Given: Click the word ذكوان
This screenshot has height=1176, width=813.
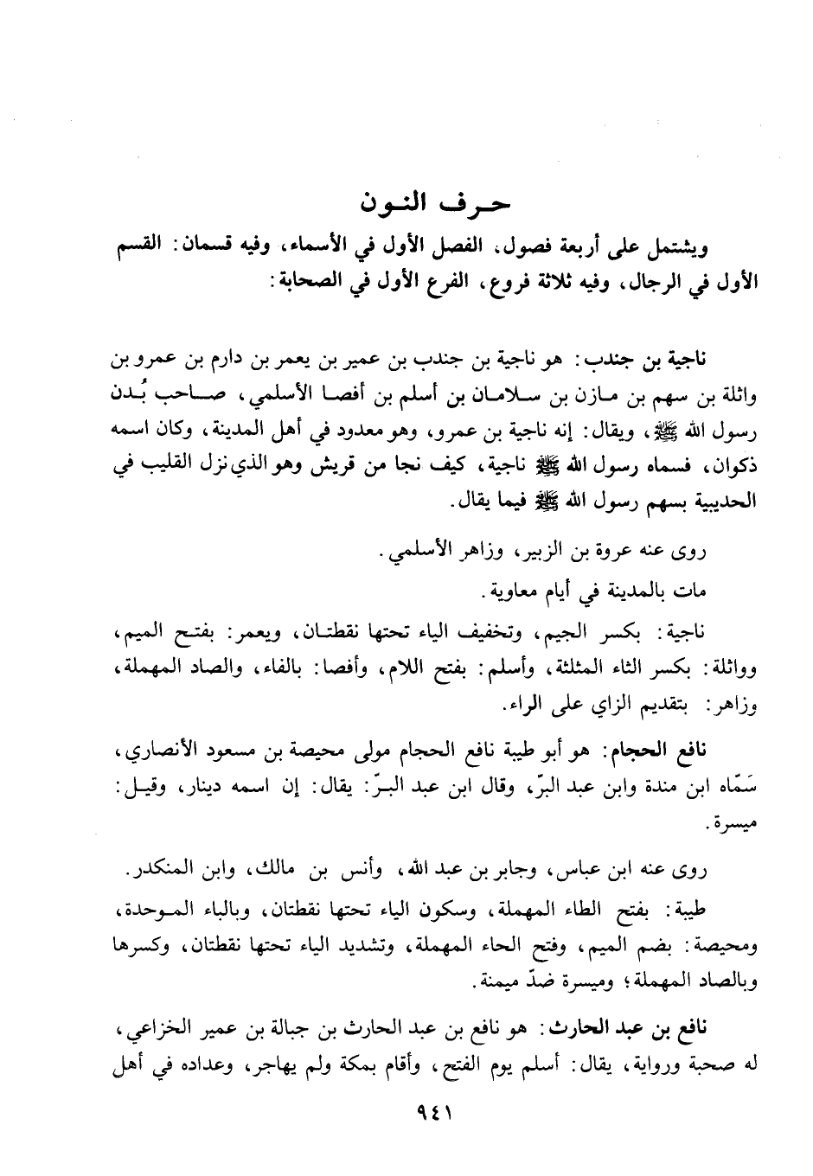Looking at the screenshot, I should (x=734, y=468).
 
